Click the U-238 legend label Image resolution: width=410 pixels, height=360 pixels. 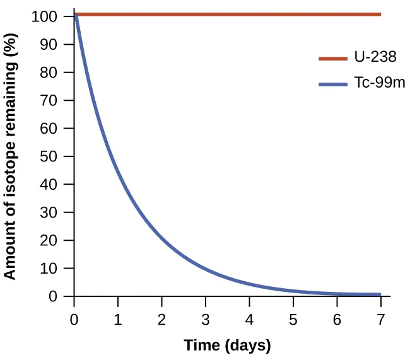375,58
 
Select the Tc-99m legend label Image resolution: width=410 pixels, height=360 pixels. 378,83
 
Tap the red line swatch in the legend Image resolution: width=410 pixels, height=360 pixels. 332,58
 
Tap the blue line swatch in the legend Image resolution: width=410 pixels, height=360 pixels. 332,83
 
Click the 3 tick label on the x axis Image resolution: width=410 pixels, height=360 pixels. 206,318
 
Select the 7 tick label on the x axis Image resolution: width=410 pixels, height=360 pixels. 380,318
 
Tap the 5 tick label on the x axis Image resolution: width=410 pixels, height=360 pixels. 293,318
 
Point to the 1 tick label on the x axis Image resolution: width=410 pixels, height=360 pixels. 118,318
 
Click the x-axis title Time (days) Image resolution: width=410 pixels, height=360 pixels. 227,345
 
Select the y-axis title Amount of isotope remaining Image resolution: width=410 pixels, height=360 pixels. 10,156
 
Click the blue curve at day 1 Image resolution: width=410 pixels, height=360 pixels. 118,168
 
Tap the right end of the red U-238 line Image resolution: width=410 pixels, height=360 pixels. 380,14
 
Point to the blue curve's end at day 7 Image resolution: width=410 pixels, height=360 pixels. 380,294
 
